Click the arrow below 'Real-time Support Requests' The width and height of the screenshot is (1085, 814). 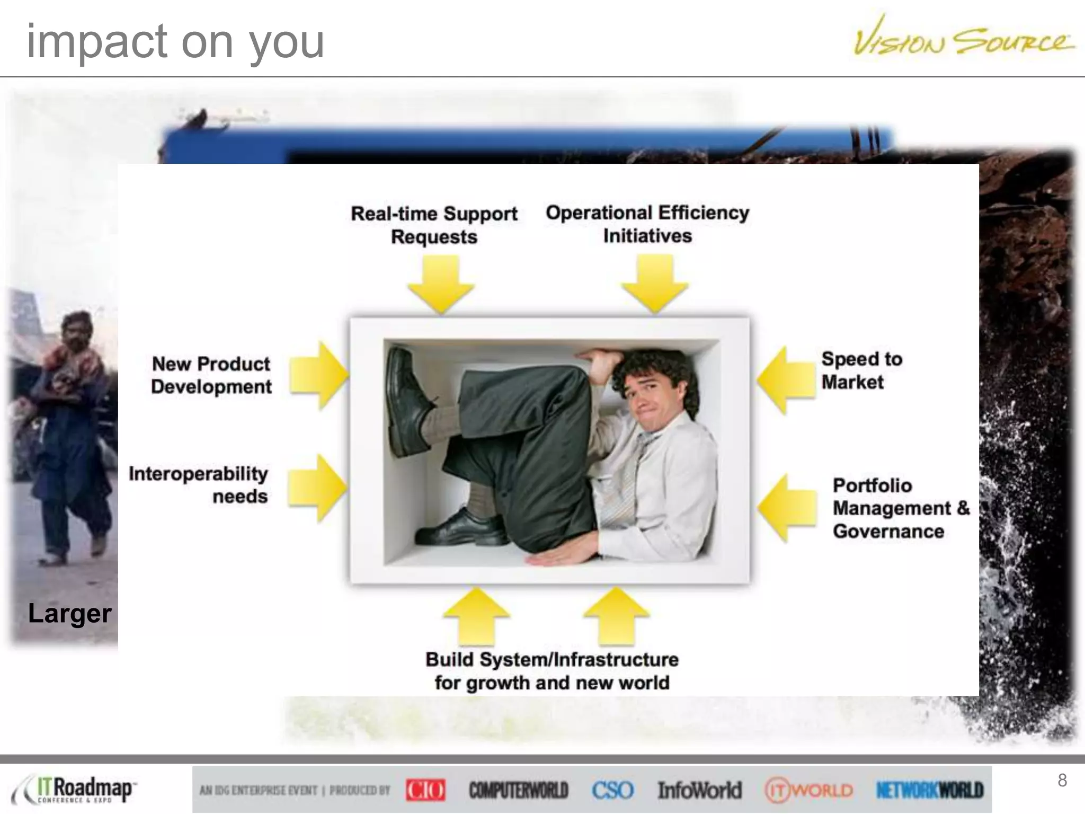(x=441, y=284)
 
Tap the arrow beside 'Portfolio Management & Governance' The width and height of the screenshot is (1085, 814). (x=787, y=508)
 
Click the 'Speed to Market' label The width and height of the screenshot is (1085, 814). (x=861, y=370)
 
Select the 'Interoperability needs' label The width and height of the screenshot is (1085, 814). (x=199, y=484)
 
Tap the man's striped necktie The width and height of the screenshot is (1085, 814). (x=631, y=477)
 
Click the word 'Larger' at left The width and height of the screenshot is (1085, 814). (x=69, y=614)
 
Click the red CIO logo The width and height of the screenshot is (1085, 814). (x=425, y=790)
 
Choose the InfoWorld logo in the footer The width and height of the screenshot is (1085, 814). (x=699, y=790)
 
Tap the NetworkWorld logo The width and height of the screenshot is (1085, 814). (x=930, y=790)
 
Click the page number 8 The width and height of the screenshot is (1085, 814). (x=1062, y=780)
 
